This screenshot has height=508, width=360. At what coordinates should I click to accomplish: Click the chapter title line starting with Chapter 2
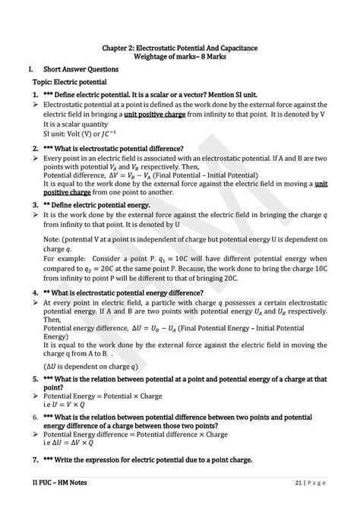point(180,47)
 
